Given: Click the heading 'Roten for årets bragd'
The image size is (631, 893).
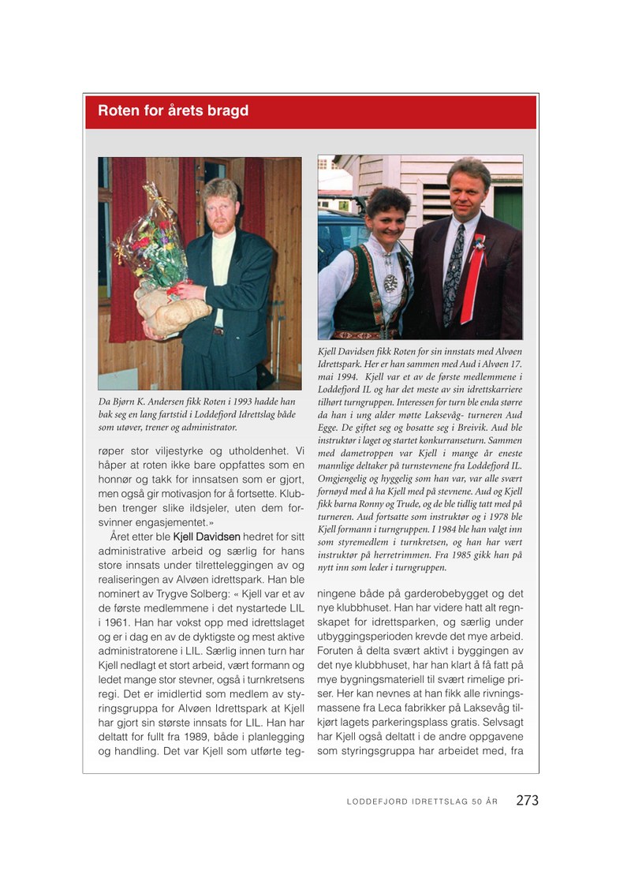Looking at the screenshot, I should point(173,110).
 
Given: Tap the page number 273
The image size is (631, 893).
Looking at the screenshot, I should point(527,800).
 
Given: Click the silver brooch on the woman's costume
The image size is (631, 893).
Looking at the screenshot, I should point(390,282).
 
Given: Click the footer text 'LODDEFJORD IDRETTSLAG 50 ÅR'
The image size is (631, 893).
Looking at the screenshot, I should point(422,801).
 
